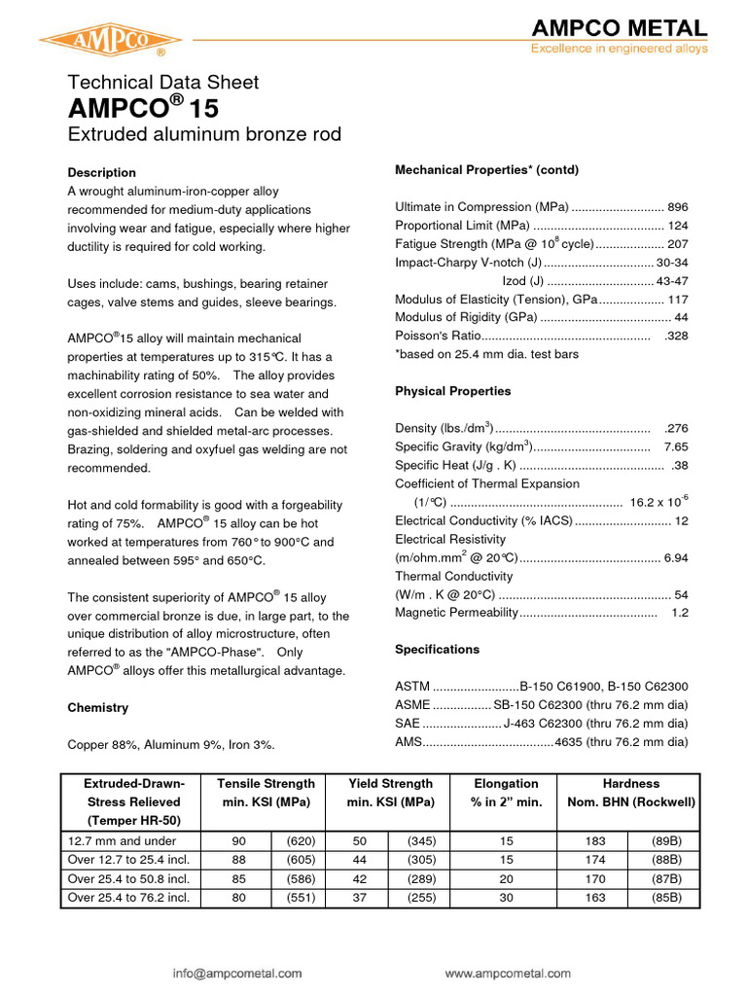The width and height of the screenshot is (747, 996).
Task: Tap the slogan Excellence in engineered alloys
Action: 619,49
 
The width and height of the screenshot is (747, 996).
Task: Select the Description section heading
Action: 101,172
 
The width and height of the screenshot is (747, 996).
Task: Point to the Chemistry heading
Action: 97,707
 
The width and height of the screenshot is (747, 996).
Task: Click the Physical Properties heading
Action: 452,391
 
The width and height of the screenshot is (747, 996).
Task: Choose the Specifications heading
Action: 437,649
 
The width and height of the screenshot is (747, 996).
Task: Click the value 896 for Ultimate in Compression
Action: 677,207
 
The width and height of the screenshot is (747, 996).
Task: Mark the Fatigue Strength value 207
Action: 677,244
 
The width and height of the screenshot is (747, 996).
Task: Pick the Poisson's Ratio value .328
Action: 675,336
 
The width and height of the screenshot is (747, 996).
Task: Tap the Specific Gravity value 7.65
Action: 675,446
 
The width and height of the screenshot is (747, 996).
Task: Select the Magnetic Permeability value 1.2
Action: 679,612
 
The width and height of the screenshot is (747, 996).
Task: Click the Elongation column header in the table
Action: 506,783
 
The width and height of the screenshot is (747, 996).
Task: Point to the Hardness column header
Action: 630,783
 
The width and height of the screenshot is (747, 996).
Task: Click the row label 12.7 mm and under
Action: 108,840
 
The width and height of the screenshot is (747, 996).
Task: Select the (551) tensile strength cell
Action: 296,897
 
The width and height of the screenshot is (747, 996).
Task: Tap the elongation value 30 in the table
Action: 506,897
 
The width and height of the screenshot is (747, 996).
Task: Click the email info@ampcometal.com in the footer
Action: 238,972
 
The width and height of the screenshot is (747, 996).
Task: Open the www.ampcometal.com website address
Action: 507,972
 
